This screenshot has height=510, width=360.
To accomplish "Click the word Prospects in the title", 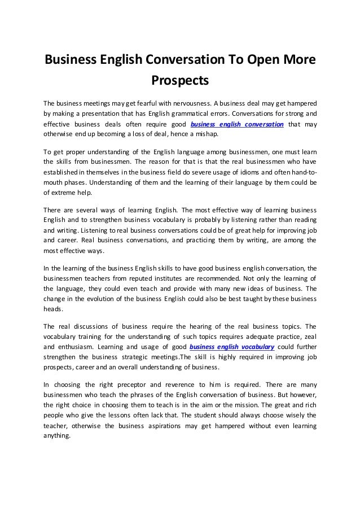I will [180, 81].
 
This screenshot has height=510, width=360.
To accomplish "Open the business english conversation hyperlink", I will [237, 125].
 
